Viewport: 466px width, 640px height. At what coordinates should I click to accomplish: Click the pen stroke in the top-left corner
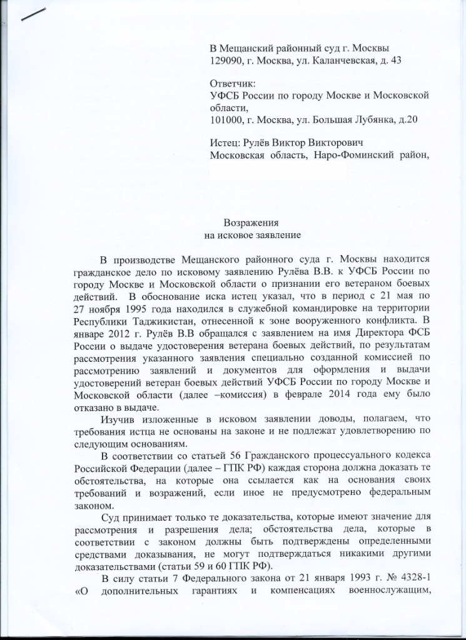click(x=35, y=14)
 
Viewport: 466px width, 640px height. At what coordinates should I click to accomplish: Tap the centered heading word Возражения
click(x=251, y=223)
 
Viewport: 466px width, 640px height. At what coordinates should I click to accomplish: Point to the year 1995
click(x=141, y=309)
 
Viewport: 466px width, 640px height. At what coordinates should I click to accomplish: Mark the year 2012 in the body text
click(x=121, y=332)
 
